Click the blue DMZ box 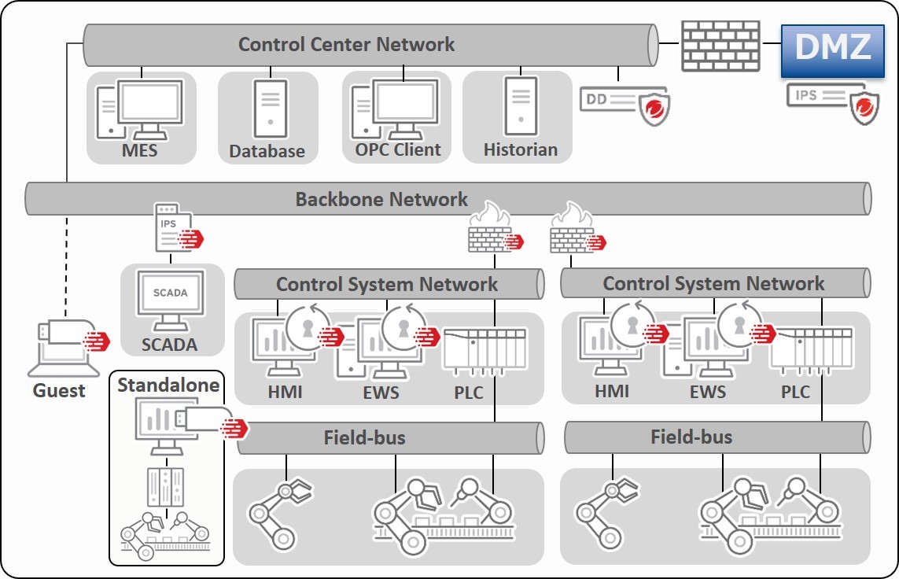[833, 49]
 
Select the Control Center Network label [346, 44]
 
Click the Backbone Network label [381, 199]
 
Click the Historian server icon [520, 106]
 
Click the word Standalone [167, 385]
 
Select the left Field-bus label [364, 437]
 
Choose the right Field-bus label [691, 437]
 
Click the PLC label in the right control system [794, 391]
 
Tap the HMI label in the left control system [285, 391]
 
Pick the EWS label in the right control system [708, 391]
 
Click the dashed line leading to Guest [68, 260]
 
